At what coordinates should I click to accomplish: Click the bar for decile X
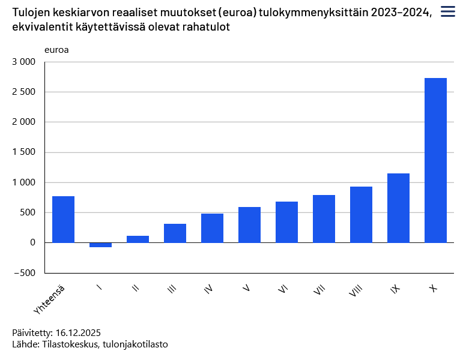(x=435, y=160)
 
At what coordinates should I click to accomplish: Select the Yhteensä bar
(x=63, y=219)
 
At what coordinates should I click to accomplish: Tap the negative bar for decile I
(x=100, y=245)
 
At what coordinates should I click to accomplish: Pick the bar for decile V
(x=249, y=225)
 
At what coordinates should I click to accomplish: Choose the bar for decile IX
(x=398, y=208)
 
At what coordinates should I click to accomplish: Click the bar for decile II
(x=138, y=239)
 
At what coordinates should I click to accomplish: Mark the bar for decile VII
(x=324, y=218)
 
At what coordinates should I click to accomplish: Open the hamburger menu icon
(x=447, y=11)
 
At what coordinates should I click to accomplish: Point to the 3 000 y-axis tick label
(x=24, y=62)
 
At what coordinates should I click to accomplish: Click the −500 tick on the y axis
(x=24, y=273)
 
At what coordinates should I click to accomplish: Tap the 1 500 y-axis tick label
(x=24, y=152)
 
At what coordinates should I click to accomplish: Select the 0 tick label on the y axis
(x=32, y=242)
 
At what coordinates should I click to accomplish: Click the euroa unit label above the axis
(x=56, y=49)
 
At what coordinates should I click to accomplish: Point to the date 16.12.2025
(x=77, y=332)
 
